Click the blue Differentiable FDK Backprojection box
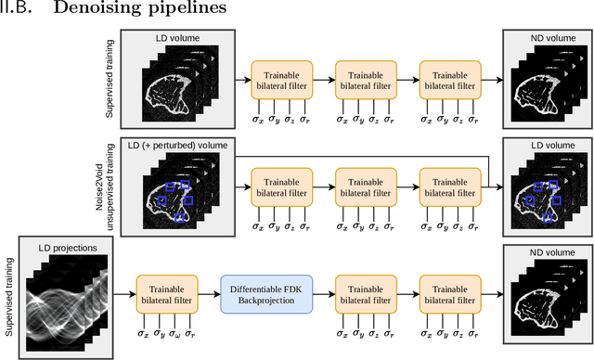[267, 294]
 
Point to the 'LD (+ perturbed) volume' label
[175, 146]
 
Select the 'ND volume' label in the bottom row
[544, 250]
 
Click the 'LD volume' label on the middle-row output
[544, 146]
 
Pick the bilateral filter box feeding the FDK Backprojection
[167, 294]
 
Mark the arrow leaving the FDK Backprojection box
[324, 295]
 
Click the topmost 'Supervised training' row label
[110, 81]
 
